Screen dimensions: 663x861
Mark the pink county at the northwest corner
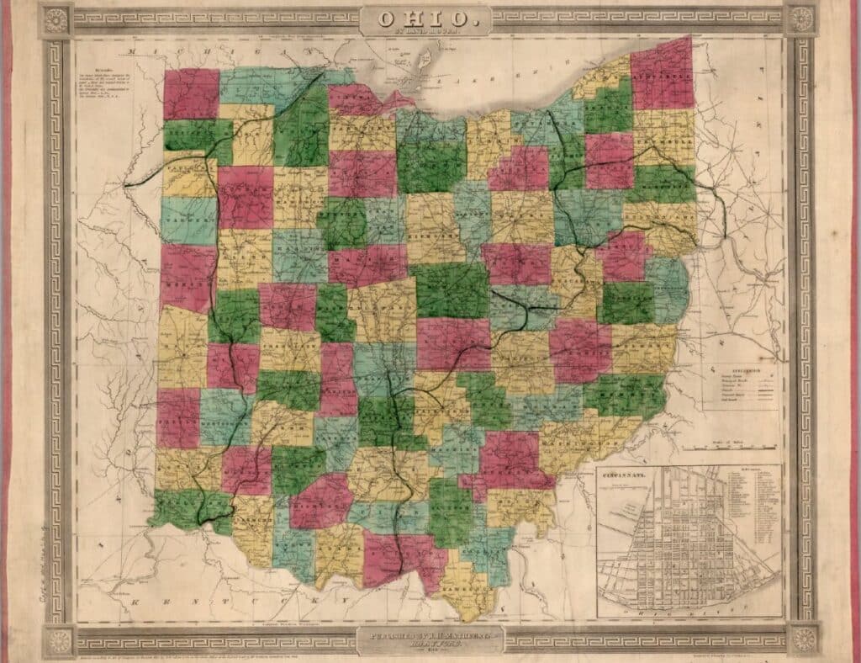tap(191, 93)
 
